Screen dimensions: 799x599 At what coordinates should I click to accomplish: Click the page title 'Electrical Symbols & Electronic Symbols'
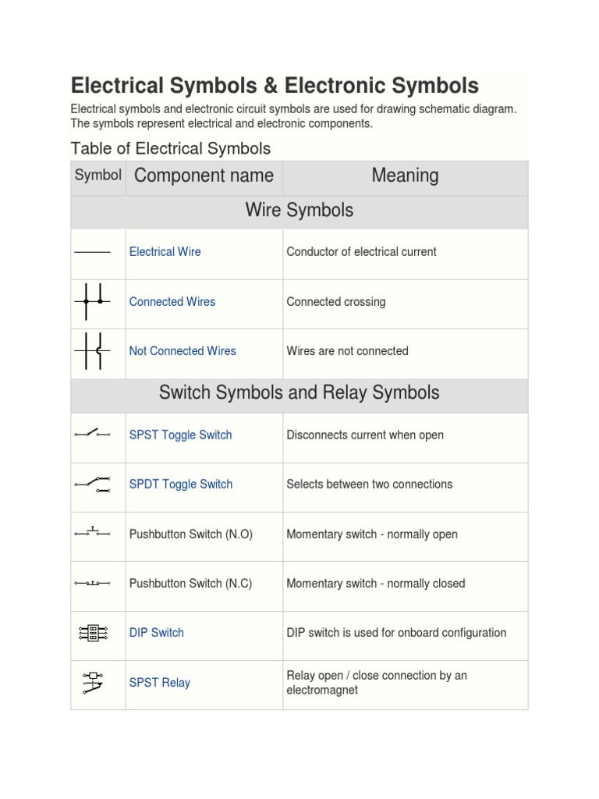click(275, 85)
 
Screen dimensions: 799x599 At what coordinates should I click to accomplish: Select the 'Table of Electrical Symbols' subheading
click(170, 148)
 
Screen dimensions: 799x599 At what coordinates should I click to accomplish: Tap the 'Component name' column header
click(204, 176)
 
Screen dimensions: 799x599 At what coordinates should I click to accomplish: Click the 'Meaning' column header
click(405, 176)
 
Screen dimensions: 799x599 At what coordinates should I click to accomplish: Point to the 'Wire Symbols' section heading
click(299, 210)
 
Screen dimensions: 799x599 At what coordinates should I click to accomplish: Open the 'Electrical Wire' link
click(165, 251)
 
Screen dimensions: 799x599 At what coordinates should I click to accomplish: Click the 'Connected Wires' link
click(172, 301)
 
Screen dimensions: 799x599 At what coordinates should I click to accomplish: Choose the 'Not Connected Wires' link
click(182, 351)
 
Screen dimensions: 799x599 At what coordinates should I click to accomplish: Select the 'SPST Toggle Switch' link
click(180, 435)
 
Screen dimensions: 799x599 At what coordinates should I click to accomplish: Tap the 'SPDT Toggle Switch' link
click(180, 484)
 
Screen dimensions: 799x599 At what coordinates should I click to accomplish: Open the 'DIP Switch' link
click(156, 633)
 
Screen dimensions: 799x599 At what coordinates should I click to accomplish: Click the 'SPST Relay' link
click(159, 683)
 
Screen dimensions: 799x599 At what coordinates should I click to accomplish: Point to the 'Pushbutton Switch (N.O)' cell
click(190, 534)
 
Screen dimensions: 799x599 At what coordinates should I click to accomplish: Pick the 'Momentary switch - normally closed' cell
click(375, 584)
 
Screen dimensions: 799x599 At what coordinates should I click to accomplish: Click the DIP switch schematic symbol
click(93, 633)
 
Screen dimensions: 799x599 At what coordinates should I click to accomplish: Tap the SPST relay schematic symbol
click(93, 682)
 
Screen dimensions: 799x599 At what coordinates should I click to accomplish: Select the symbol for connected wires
click(93, 301)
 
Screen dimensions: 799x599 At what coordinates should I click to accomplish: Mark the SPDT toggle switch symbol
click(93, 484)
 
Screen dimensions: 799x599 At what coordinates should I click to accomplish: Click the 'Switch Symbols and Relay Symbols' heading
click(299, 392)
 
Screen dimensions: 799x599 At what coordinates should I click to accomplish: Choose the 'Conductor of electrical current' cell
click(361, 251)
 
